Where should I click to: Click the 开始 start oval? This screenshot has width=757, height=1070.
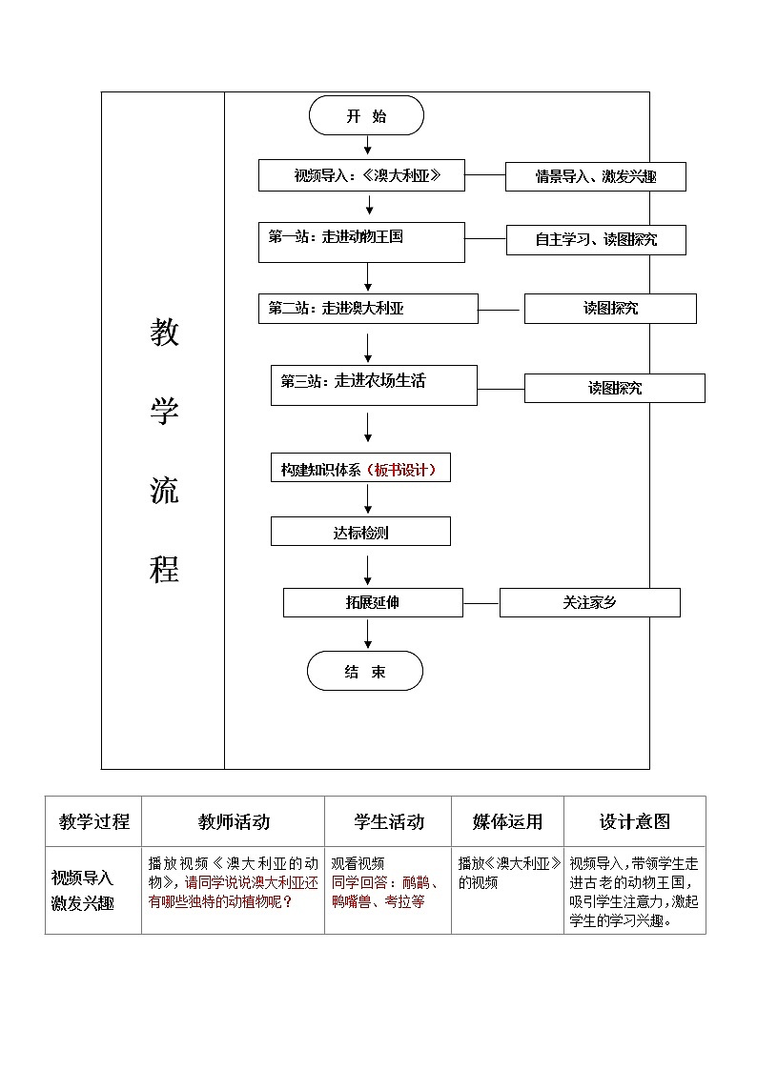(x=366, y=116)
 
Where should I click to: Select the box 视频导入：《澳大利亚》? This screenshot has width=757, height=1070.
(x=361, y=175)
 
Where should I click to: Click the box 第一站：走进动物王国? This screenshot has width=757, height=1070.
(x=361, y=242)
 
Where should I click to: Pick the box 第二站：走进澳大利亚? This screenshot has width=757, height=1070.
(x=367, y=309)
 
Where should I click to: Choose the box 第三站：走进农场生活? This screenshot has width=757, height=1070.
(x=374, y=385)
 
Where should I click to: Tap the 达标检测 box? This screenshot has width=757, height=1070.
(x=360, y=532)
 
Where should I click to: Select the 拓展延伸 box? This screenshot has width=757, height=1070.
(x=373, y=603)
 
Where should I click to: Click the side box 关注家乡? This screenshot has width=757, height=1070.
(x=589, y=603)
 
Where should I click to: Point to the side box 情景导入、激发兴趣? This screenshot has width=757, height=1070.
(x=595, y=176)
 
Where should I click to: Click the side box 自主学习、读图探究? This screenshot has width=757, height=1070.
(x=595, y=240)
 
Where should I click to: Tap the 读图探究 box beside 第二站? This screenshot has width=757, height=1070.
(x=610, y=309)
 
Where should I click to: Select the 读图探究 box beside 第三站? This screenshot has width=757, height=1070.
(x=614, y=388)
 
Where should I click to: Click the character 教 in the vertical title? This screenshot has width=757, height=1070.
(x=164, y=333)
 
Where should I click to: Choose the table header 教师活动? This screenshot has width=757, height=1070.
(x=234, y=821)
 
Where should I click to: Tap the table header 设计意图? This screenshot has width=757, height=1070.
(x=634, y=821)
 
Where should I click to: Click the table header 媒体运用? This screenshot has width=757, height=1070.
(x=507, y=821)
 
